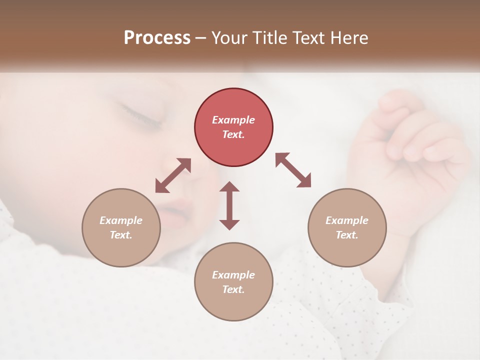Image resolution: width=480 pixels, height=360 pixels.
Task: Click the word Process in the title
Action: pyautogui.click(x=157, y=38)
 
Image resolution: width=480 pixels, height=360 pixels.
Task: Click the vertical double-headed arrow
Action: pyautogui.click(x=229, y=205)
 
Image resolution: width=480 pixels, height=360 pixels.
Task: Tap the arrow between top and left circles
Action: pyautogui.click(x=173, y=175)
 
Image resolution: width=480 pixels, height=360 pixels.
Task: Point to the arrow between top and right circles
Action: pyautogui.click(x=293, y=170)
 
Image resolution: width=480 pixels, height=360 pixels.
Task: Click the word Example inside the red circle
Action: pyautogui.click(x=233, y=120)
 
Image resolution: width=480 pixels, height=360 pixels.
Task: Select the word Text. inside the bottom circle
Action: pyautogui.click(x=233, y=289)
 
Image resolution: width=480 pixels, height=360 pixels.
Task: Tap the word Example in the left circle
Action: pyautogui.click(x=121, y=220)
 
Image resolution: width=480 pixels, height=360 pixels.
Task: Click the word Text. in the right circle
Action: pyautogui.click(x=347, y=235)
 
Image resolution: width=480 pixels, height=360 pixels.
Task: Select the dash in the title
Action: pyautogui.click(x=201, y=38)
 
